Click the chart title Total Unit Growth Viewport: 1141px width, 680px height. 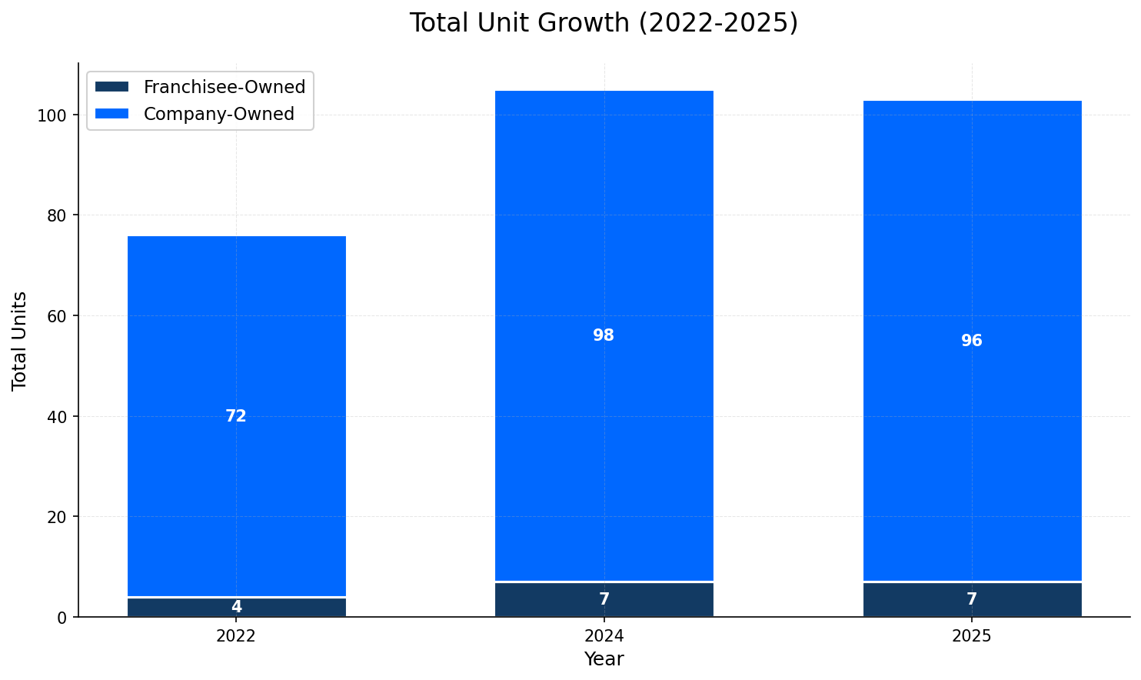(x=604, y=23)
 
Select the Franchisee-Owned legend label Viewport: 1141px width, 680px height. (x=225, y=87)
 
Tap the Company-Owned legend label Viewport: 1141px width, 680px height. (x=219, y=114)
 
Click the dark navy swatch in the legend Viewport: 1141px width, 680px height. (x=111, y=87)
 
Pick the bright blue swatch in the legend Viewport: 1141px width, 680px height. (x=111, y=114)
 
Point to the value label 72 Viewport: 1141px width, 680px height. (x=236, y=416)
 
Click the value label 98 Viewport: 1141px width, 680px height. (x=604, y=335)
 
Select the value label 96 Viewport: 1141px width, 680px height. (x=972, y=341)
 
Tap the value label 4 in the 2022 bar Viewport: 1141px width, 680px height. (x=236, y=607)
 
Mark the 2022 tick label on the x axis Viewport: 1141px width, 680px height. (x=236, y=636)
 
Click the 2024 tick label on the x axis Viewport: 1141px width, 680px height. (x=604, y=636)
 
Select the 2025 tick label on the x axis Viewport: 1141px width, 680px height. (x=972, y=636)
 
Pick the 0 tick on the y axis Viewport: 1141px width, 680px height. (x=62, y=617)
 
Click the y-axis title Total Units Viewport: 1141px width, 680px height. (x=20, y=340)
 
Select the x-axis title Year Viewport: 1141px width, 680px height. (x=604, y=659)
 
